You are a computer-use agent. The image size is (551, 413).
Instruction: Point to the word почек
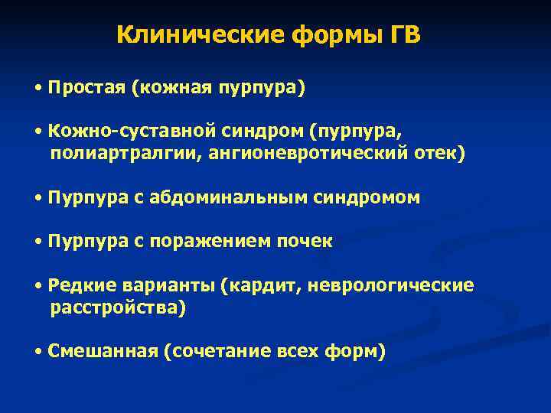click(308, 242)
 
